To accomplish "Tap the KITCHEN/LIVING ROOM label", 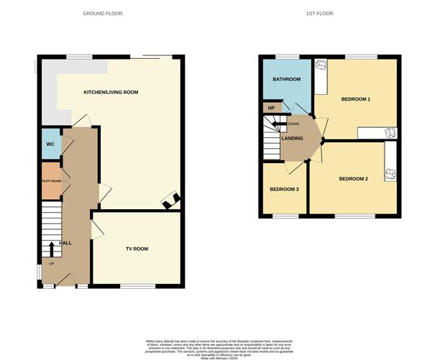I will point(111,93).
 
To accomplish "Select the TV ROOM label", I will point(137,249).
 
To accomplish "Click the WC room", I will point(50,144).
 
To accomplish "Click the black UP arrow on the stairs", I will point(51,247).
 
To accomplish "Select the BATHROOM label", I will point(286,79).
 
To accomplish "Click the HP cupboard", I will point(271,109).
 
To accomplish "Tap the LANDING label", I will point(292,139).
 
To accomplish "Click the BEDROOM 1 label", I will point(355,99).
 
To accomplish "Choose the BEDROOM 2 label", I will point(353,179).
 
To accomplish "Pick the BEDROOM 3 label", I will point(284,190).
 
